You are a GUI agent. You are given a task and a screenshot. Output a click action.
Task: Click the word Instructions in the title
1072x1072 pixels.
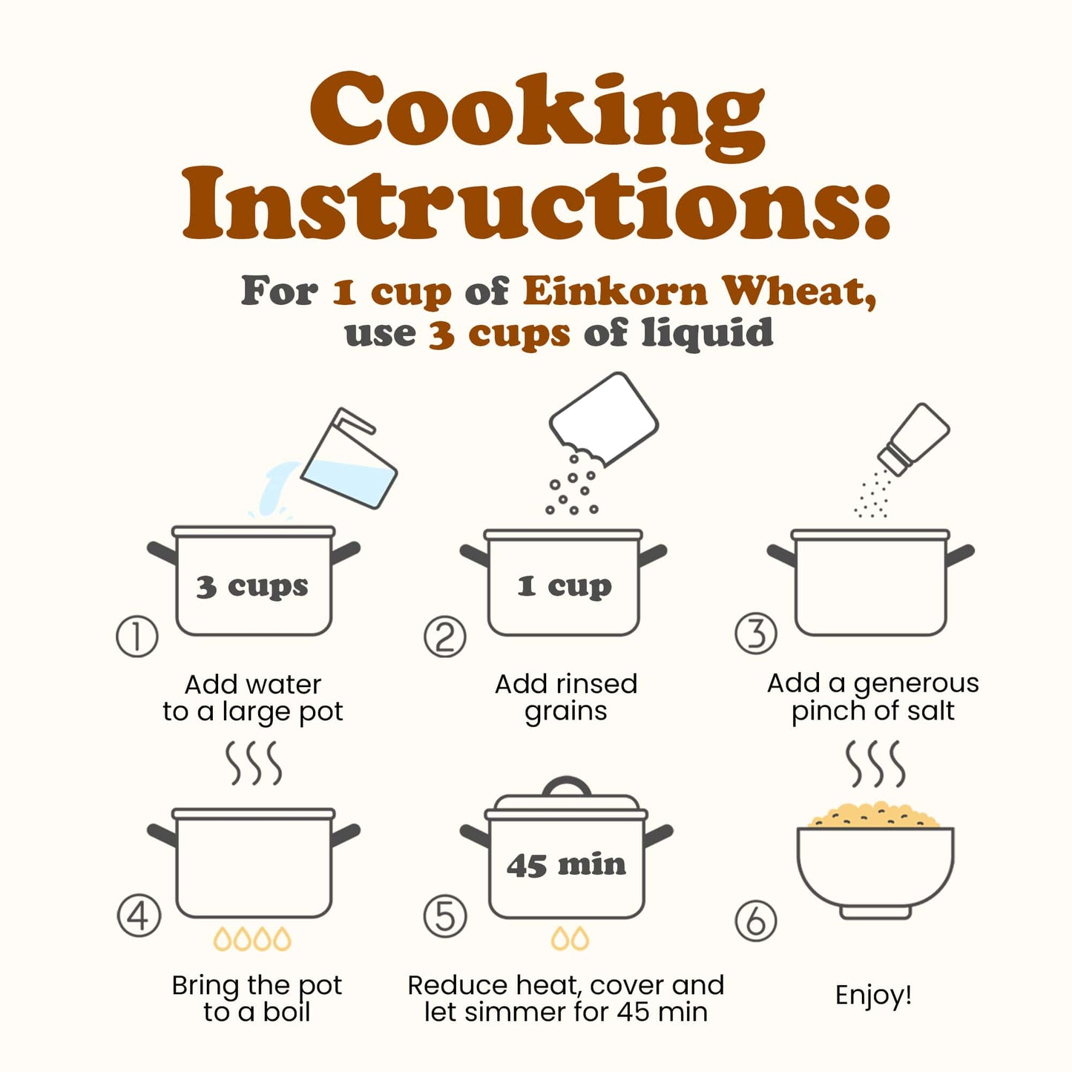(537, 204)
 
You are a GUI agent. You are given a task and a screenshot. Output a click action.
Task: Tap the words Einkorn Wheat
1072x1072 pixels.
(700, 292)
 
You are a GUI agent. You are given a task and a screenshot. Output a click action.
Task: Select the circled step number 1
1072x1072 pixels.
(137, 636)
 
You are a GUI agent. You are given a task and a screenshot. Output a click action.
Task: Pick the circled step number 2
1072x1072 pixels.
(445, 637)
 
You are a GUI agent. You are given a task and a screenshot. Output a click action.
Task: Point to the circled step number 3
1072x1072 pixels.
(755, 633)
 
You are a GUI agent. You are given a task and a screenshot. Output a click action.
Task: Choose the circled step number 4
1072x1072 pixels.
(139, 915)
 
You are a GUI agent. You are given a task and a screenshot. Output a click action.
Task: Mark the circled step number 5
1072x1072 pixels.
(445, 915)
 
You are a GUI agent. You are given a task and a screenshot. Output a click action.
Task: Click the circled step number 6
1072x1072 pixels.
(755, 920)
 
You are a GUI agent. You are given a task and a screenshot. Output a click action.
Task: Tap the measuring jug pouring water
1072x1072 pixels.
(348, 459)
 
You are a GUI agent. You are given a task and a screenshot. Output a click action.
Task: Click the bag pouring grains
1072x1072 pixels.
(604, 418)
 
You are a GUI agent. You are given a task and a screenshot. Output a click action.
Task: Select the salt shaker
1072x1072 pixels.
(913, 439)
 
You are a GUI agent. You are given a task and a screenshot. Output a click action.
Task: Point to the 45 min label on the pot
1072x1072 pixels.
(566, 865)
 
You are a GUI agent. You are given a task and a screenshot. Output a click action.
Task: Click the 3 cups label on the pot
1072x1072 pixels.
(252, 587)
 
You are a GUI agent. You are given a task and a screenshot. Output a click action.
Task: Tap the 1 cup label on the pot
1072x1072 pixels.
(564, 586)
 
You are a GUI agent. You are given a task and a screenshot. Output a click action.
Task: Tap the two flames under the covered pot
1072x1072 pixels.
(570, 938)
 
